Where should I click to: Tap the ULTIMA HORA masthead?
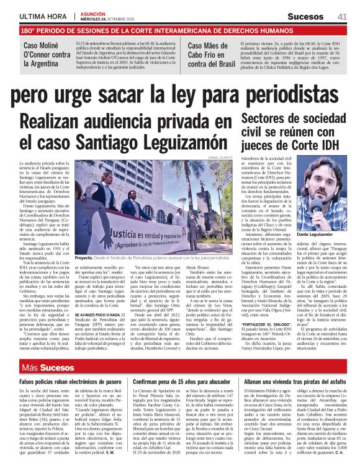(42, 17)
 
